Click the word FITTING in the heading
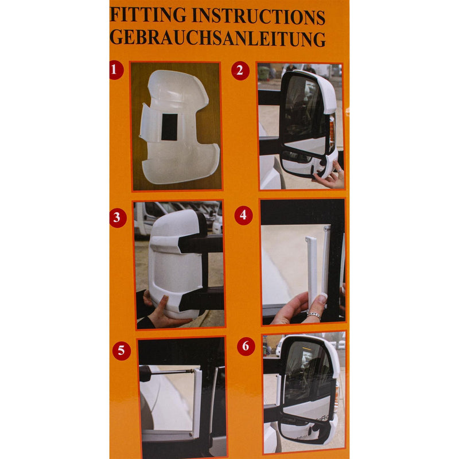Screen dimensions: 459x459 click(149, 15)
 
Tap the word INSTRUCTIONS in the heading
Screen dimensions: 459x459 click(259, 17)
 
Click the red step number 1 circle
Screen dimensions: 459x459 click(115, 70)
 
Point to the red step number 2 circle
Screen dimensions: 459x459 click(240, 71)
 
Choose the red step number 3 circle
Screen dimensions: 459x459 click(118, 218)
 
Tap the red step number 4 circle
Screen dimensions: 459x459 click(243, 216)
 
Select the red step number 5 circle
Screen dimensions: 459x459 click(122, 351)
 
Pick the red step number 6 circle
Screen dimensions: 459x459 click(246, 347)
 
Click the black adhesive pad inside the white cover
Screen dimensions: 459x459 click(169, 127)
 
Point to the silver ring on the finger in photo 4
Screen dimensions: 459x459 click(313, 315)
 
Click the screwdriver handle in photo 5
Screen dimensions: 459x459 click(145, 374)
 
